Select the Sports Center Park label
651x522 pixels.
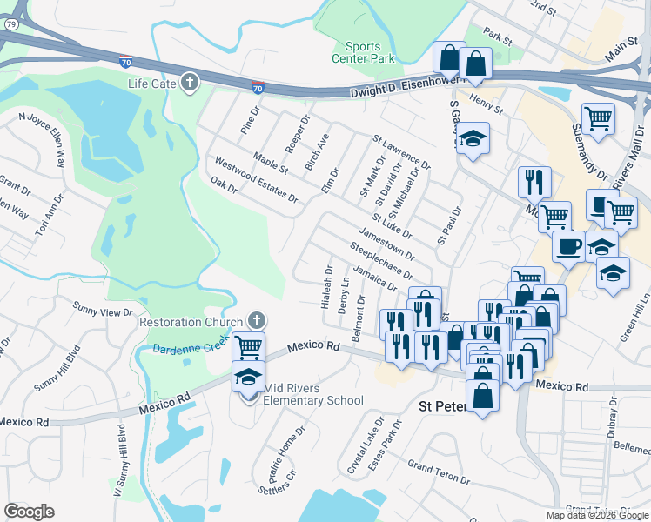[362, 52]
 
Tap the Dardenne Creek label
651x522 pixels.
[190, 349]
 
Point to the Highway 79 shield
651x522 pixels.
[10, 24]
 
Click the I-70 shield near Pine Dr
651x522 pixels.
[258, 87]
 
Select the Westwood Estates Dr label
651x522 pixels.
[256, 180]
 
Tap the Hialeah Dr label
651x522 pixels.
[328, 289]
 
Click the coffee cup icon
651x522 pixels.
[568, 246]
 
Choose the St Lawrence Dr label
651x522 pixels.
[401, 151]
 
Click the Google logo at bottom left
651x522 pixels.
[29, 512]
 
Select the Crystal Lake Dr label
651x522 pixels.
[366, 448]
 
